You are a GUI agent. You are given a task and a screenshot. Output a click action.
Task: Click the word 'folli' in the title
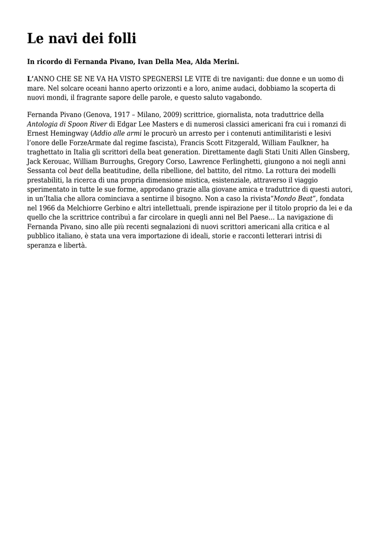click(121, 38)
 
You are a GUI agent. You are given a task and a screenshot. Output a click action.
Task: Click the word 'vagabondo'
click(243, 98)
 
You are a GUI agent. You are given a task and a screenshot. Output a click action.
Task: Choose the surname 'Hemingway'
click(70, 133)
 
